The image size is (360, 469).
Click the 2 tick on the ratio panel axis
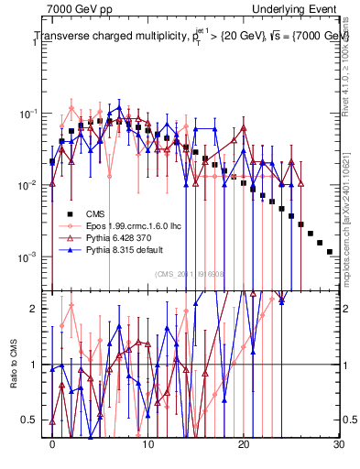pos(39,310)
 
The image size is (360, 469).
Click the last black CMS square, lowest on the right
pos(329,251)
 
